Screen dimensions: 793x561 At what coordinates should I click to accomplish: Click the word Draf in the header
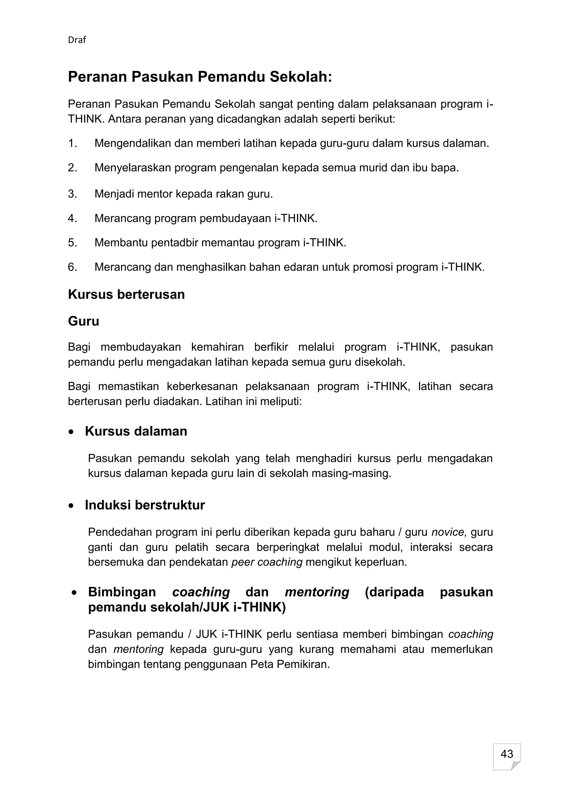[x=77, y=40]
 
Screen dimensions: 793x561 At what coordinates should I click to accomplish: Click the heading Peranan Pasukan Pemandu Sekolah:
[x=200, y=77]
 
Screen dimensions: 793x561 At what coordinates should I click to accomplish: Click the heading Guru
[x=83, y=321]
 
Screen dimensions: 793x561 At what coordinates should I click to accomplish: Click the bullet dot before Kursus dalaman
[x=71, y=432]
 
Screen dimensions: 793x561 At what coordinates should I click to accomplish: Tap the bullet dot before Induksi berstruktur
[x=71, y=506]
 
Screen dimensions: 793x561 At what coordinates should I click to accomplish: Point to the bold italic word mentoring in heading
[x=317, y=592]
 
